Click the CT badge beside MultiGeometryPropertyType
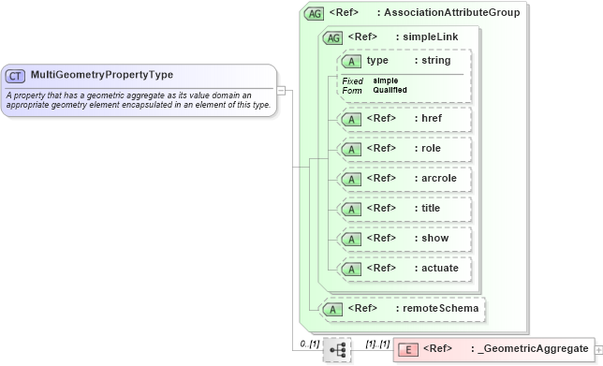pyautogui.click(x=16, y=75)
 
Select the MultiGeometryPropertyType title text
pyautogui.click(x=101, y=75)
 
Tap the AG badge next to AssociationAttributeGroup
pyautogui.click(x=315, y=14)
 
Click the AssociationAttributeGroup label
pyautogui.click(x=451, y=13)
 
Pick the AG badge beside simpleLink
pyautogui.click(x=332, y=37)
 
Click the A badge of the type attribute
pyautogui.click(x=350, y=61)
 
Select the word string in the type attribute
pyautogui.click(x=436, y=61)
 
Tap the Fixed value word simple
pyautogui.click(x=385, y=81)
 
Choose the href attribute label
pyautogui.click(x=431, y=119)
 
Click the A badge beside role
pyautogui.click(x=350, y=149)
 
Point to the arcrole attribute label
pyautogui.click(x=438, y=178)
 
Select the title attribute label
pyautogui.click(x=432, y=208)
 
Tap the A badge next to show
pyautogui.click(x=350, y=239)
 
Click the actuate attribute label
pyautogui.click(x=440, y=268)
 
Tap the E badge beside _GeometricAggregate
pyautogui.click(x=408, y=350)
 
